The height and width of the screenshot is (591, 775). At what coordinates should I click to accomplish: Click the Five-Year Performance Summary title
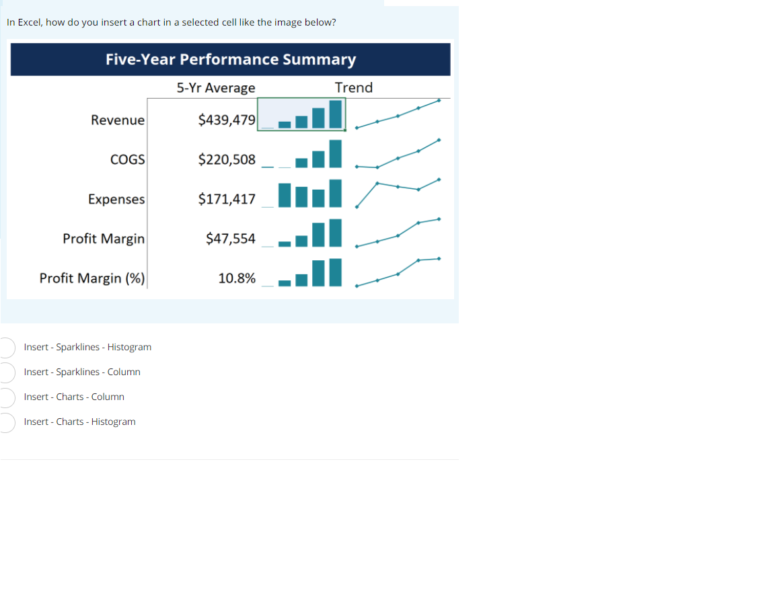[231, 59]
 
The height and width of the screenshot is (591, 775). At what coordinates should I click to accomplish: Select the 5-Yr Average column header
[216, 87]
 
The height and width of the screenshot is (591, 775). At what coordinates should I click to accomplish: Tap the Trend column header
[354, 87]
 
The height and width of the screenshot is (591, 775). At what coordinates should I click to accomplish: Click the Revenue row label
[118, 120]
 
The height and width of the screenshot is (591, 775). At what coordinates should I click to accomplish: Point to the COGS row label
[128, 159]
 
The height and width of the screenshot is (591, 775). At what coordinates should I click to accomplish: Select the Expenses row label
[116, 199]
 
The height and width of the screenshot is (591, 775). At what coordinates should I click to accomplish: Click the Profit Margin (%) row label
[92, 278]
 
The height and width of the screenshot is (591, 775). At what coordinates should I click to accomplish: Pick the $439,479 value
[227, 120]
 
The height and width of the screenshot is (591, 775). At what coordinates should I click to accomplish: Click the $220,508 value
[227, 159]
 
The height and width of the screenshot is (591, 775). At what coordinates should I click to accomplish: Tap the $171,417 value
[227, 199]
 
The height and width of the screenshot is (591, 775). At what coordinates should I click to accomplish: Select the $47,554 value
[231, 239]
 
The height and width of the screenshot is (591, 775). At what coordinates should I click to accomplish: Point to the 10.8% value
[237, 278]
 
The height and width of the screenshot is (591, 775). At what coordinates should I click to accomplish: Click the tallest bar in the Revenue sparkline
[335, 114]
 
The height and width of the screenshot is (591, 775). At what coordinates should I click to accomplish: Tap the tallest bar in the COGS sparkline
[335, 153]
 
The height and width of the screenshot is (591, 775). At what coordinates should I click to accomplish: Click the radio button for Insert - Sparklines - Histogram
[6, 347]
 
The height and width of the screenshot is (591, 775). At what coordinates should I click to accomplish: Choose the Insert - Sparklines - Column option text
[82, 372]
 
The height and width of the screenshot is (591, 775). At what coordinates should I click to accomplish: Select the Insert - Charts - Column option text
[74, 397]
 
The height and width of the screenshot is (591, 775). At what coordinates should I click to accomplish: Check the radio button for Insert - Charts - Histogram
[6, 422]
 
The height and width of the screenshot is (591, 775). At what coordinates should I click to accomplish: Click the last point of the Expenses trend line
[439, 180]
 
